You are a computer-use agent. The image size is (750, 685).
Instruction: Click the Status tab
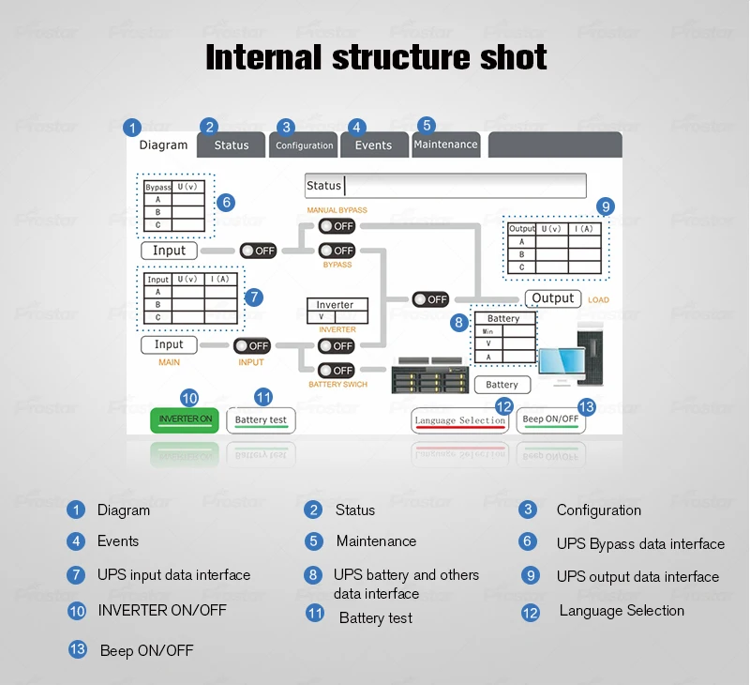231,145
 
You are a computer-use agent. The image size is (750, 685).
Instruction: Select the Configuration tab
304,145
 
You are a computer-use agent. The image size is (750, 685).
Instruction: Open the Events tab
374,145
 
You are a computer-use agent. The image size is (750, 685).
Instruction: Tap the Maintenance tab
446,145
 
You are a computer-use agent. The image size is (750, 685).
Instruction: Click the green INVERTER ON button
185,419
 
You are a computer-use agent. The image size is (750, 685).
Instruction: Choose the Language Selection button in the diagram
459,420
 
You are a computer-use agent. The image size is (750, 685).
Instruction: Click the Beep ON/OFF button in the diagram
550,420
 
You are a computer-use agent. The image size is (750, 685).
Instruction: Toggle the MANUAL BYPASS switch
337,226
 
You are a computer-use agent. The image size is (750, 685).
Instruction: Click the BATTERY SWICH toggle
337,370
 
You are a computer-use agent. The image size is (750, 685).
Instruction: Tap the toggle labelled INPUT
252,345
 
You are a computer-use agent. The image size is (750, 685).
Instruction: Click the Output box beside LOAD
553,298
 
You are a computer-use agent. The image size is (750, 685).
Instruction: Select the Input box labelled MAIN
169,344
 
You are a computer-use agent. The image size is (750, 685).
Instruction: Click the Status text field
445,186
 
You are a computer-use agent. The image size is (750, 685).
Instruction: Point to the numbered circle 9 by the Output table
606,206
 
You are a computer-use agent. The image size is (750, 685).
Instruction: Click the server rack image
430,375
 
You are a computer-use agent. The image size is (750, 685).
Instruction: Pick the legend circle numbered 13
77,649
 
